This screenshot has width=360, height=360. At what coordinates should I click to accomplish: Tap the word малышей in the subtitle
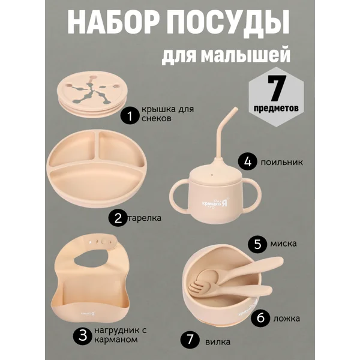(245, 55)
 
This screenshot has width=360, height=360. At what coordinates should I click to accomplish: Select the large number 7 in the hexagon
(277, 88)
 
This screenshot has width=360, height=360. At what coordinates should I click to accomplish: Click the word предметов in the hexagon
(276, 107)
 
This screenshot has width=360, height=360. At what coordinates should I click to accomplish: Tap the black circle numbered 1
(130, 116)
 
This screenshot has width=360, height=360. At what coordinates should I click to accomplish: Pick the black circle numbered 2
(118, 218)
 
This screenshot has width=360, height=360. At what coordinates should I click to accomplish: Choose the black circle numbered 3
(83, 336)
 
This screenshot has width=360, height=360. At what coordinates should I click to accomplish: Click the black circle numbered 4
(247, 161)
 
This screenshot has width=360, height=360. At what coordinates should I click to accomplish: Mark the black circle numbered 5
(257, 244)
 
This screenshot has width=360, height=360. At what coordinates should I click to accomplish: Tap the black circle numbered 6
(260, 318)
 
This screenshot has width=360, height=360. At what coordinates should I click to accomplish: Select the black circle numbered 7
(190, 339)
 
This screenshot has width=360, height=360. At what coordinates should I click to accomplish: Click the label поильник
(282, 163)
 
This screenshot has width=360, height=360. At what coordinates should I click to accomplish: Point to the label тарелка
(144, 218)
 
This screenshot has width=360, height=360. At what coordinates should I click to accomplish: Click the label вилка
(218, 343)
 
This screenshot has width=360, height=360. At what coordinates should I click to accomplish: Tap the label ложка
(287, 319)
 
